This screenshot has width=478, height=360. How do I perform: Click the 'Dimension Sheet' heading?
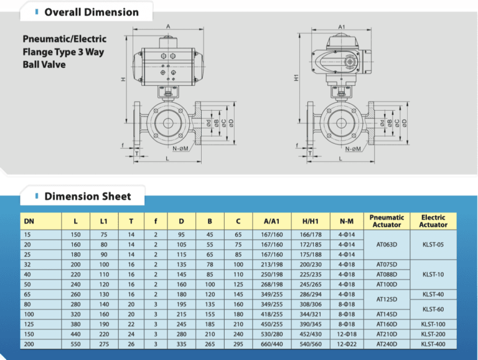pos(88,197)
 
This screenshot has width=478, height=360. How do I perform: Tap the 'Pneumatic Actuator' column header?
pos(387,220)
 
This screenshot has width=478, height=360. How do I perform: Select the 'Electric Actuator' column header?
pos(433,220)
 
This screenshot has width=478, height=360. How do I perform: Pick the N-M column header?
pos(347,221)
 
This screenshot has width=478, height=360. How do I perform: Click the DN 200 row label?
pos(29,343)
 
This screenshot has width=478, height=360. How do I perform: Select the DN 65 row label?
pos(28,294)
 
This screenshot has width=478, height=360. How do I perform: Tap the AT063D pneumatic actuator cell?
pos(387,245)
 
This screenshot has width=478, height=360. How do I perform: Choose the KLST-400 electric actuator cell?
pos(433,343)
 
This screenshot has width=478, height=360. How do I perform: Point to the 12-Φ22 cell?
pos(347,343)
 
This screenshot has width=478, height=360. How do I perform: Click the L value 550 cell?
pos(76,343)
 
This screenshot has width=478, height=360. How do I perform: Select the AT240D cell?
pos(387,343)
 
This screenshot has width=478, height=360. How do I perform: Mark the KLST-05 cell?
pos(433,245)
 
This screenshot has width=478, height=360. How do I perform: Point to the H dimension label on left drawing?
pos(123,80)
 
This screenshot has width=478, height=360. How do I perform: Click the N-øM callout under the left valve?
pos(180,149)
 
